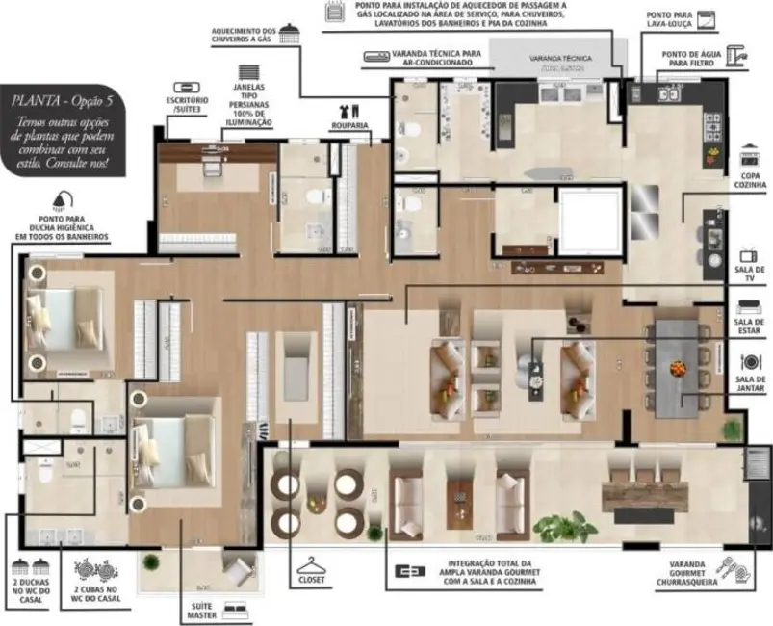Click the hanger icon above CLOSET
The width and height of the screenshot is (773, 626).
pyautogui.click(x=312, y=566)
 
